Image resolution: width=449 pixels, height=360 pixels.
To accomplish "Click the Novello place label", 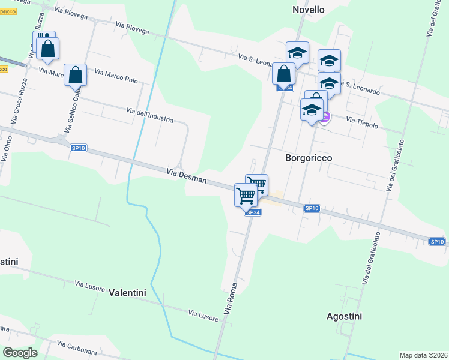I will pyautogui.click(x=308, y=10).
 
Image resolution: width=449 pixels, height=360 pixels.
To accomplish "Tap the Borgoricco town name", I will pyautogui.click(x=308, y=157).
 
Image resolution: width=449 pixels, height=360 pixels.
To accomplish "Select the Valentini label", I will pyautogui.click(x=128, y=293).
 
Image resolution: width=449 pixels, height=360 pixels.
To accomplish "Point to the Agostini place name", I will pyautogui.click(x=345, y=316).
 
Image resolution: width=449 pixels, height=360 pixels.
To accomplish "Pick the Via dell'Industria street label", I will pyautogui.click(x=150, y=115).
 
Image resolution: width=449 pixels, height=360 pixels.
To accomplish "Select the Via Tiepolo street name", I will pyautogui.click(x=362, y=122).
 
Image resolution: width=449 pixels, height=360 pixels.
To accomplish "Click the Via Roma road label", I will pyautogui.click(x=231, y=298).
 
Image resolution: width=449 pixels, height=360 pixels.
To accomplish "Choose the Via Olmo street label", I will pyautogui.click(x=7, y=149).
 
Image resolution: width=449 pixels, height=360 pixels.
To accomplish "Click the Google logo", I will pyautogui.click(x=20, y=353).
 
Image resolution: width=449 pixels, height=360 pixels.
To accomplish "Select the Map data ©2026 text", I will pyautogui.click(x=423, y=355).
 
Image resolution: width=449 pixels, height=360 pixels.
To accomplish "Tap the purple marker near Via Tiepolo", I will pyautogui.click(x=325, y=116).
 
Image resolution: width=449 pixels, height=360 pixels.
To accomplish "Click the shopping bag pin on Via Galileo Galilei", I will pyautogui.click(x=75, y=75).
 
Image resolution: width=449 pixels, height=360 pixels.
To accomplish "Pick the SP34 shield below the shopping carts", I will pyautogui.click(x=253, y=212).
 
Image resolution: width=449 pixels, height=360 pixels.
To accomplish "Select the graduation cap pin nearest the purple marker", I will pyautogui.click(x=312, y=110).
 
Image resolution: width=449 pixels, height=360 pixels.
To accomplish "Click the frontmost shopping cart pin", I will pyautogui.click(x=246, y=195).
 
